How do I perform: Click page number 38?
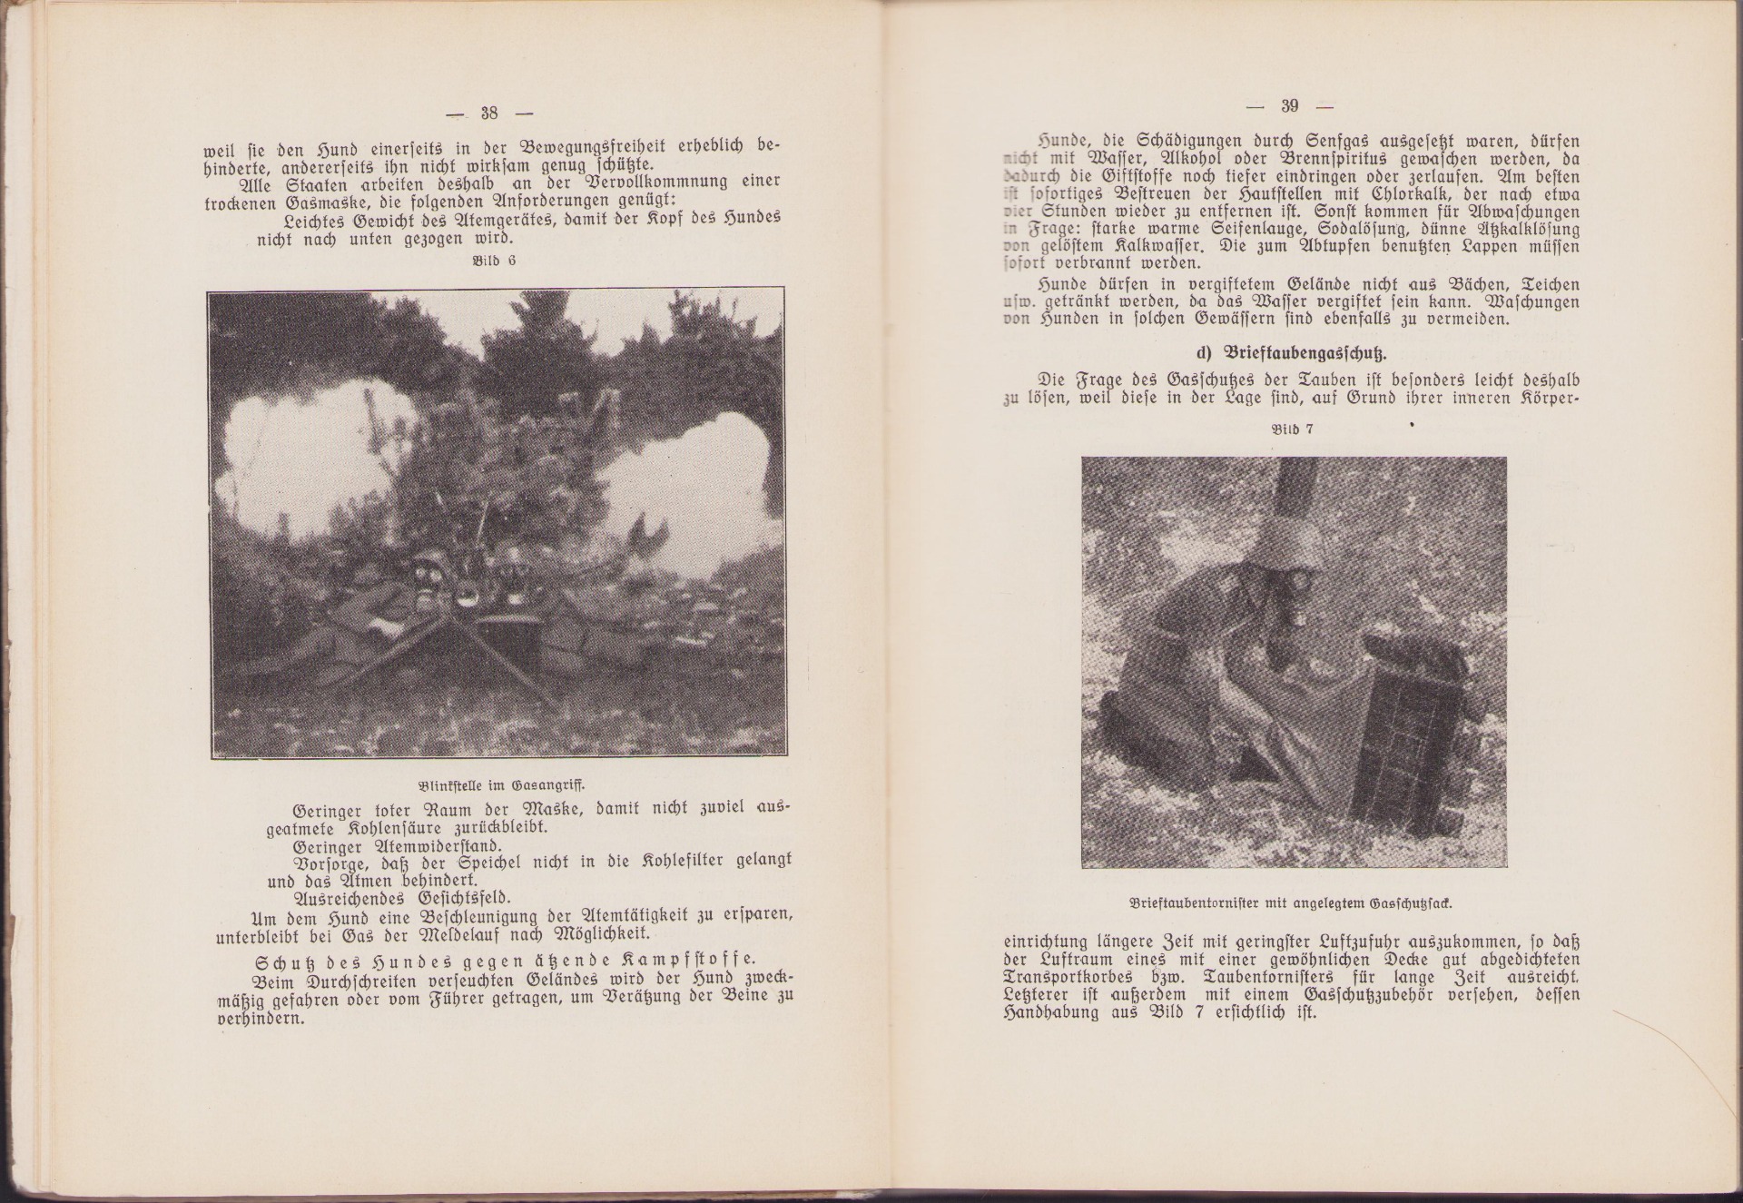(x=489, y=113)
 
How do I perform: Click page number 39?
(x=1290, y=106)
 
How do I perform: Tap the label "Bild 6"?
(x=494, y=261)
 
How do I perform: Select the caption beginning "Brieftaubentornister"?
(x=1293, y=903)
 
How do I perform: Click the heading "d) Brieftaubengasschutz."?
(x=1294, y=352)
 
